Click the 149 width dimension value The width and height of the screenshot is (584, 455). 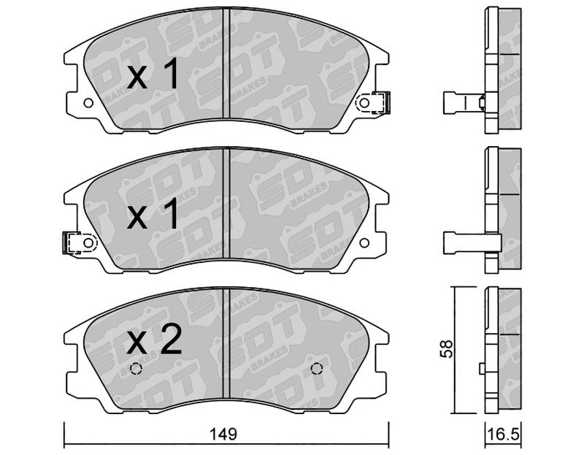click(x=223, y=434)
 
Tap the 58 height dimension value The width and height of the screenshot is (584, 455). click(x=446, y=348)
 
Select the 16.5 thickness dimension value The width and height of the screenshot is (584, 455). click(x=502, y=434)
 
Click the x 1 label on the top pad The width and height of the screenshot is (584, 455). click(x=153, y=75)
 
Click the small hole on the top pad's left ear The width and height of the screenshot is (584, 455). click(x=88, y=103)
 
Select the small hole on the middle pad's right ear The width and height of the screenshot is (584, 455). click(x=364, y=243)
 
